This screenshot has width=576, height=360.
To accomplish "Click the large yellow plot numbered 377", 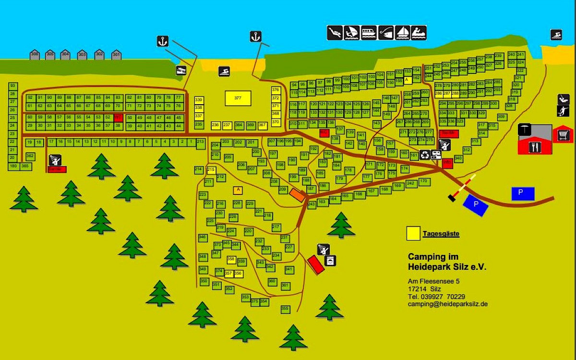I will point(238,98).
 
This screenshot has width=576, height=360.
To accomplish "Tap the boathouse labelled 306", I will point(35,55).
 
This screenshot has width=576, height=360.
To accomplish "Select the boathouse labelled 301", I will point(116,55).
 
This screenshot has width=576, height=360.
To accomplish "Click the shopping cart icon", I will point(564,136).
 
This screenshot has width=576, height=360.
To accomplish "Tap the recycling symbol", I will point(425,155).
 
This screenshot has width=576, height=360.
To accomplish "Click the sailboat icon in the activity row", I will point(403,33).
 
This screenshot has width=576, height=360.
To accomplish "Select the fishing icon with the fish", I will point(386,33).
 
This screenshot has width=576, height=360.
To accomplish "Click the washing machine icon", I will point(331,261).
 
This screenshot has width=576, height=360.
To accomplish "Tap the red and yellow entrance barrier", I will point(463,188).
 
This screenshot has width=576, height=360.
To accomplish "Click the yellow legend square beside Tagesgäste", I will point(412,234).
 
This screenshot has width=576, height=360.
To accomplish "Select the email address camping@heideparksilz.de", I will point(448,304).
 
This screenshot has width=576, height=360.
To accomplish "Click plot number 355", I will point(285,309).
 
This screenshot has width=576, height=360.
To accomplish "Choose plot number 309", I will point(502,117).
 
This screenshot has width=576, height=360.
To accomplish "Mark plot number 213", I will point(200,142).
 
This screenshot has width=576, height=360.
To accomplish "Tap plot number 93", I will point(13,86).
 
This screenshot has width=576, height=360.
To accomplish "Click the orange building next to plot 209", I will point(297,194).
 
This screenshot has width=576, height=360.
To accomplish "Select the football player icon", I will point(563,111).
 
